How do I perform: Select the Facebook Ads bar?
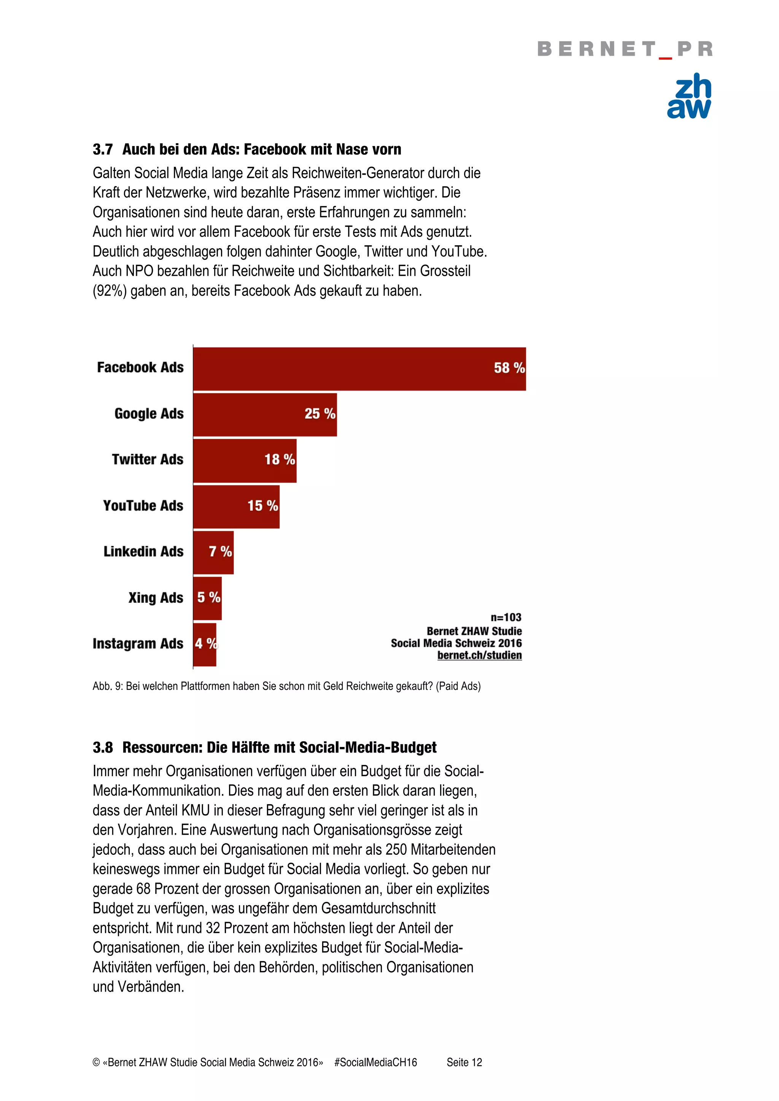tap(359, 369)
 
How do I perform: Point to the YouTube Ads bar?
tap(236, 506)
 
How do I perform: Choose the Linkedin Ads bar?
tap(213, 552)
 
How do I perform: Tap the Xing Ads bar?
tap(207, 598)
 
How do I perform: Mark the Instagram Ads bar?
tap(205, 644)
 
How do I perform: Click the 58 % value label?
tap(509, 368)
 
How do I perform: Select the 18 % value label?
tap(279, 459)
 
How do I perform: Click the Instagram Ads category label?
tap(138, 644)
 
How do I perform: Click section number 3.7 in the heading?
tap(103, 150)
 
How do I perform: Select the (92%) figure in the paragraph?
tap(110, 291)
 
